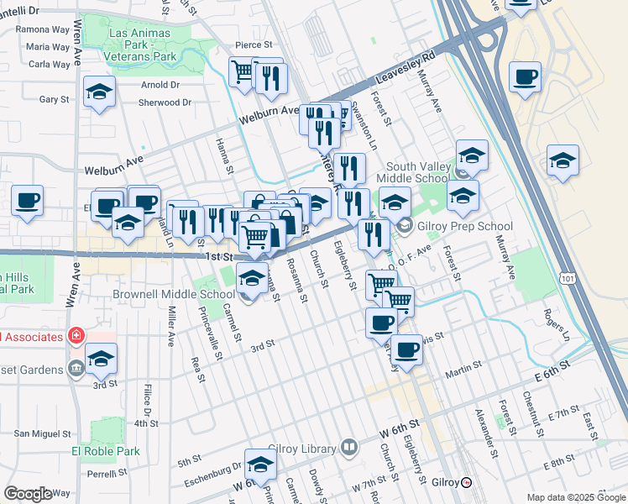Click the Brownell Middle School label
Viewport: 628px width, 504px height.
(x=174, y=295)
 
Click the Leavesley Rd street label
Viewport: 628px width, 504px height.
(x=417, y=65)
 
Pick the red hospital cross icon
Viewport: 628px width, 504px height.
(x=76, y=336)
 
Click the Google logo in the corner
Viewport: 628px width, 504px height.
(x=28, y=494)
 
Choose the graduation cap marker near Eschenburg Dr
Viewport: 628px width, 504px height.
(x=260, y=465)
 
